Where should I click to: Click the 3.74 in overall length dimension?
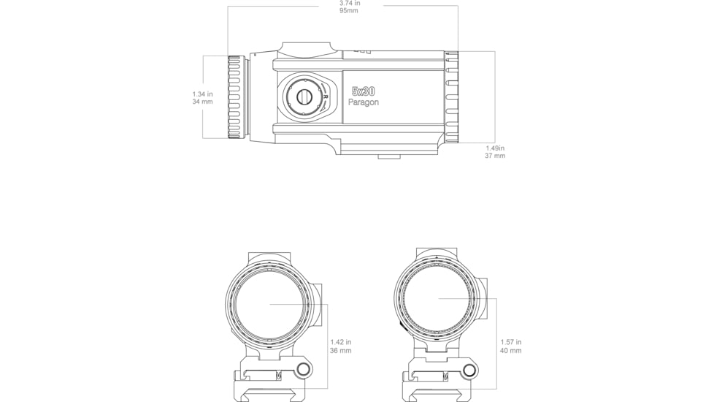coord(350,3)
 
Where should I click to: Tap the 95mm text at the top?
coord(349,11)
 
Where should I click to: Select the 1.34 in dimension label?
coord(202,94)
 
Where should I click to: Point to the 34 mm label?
coord(202,102)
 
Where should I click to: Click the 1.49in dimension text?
coord(495,148)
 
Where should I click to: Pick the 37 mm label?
coord(495,156)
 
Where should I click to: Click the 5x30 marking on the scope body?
coord(363,91)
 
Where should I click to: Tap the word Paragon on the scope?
coord(363,102)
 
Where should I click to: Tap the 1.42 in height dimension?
coord(340,341)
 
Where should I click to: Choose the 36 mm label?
coord(340,351)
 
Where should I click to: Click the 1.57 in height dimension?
coord(510,341)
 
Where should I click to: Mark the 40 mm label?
coord(510,351)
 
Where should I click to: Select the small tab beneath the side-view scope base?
coord(389,156)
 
